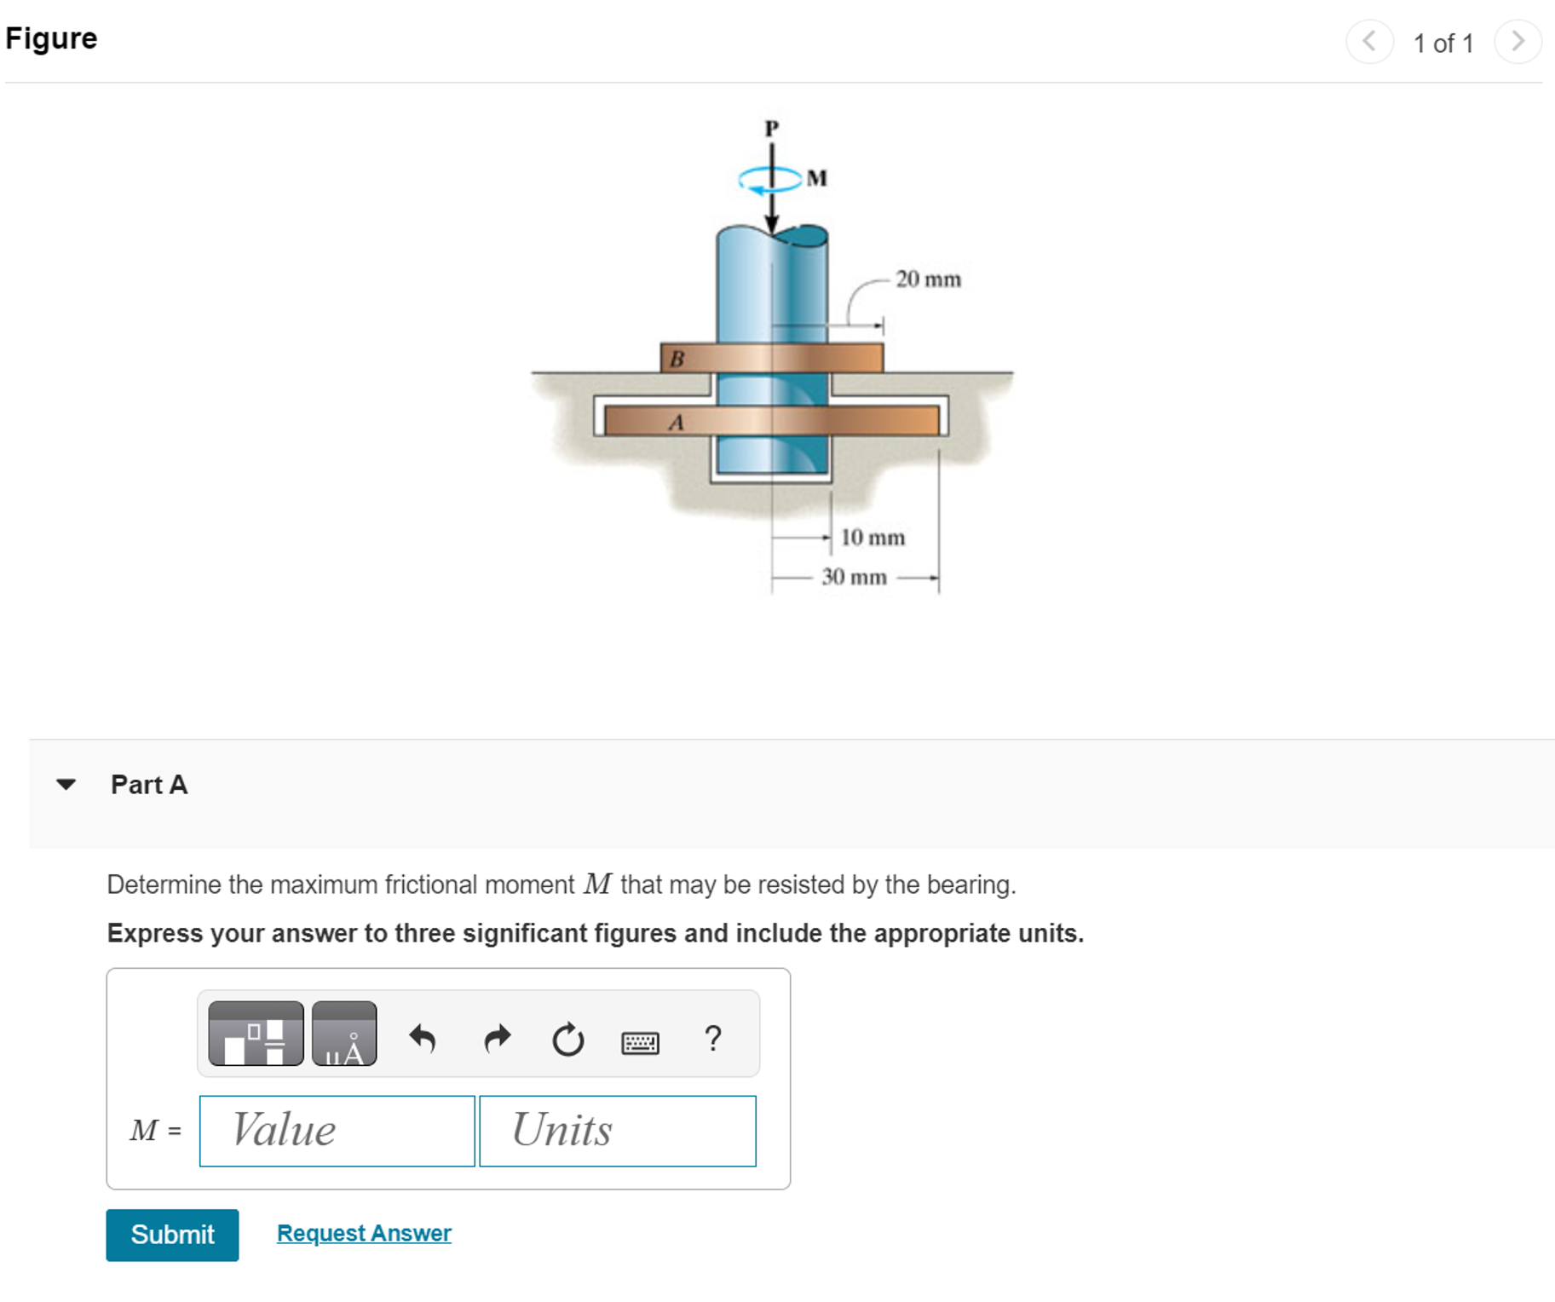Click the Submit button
point(172,1234)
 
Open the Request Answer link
point(364,1232)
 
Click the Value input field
point(337,1130)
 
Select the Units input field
point(617,1130)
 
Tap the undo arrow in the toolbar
point(423,1038)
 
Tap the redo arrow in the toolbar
point(497,1038)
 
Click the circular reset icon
point(567,1039)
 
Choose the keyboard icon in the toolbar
point(640,1042)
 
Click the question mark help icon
point(713,1038)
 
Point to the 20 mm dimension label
point(928,279)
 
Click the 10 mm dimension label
point(873,538)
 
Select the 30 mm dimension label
point(854,577)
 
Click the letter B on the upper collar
point(677,359)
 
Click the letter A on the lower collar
point(677,422)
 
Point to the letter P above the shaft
point(771,129)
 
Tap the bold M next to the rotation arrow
point(816,178)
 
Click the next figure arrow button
point(1518,41)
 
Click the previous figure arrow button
point(1369,41)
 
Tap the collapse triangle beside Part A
point(66,784)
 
